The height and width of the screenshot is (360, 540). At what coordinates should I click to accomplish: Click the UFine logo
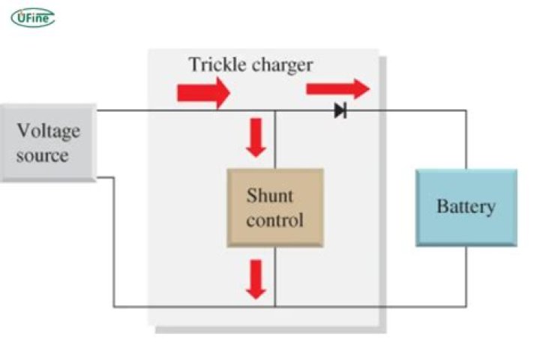(32, 16)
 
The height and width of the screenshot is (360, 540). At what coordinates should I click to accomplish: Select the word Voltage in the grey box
(49, 131)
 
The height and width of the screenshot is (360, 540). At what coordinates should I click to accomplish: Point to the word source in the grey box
(43, 155)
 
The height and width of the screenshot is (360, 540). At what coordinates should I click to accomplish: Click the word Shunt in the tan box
(270, 196)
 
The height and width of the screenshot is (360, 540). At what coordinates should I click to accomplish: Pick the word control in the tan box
(275, 220)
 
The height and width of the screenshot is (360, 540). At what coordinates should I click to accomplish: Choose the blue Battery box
(466, 207)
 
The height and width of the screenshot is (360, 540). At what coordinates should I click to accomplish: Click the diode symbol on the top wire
(340, 111)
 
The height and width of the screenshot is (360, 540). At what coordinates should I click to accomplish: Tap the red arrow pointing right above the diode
(337, 89)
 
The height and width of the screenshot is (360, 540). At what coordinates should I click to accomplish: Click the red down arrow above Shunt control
(256, 137)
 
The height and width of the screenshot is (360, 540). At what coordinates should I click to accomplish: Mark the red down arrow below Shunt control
(256, 278)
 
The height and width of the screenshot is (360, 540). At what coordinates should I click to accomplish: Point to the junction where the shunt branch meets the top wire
(275, 111)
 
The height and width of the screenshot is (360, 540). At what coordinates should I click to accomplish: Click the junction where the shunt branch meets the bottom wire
(275, 307)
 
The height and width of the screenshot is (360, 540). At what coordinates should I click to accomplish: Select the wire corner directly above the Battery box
(466, 111)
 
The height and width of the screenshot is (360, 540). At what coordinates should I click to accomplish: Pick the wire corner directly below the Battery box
(466, 307)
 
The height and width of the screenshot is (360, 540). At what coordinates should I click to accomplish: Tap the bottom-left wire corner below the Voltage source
(114, 307)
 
